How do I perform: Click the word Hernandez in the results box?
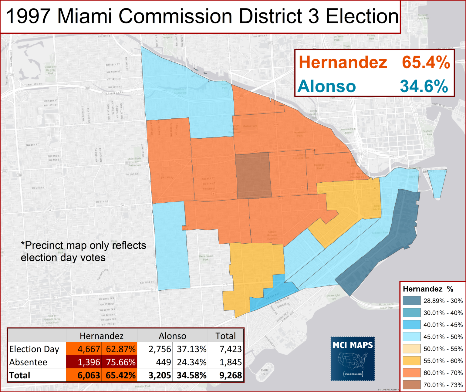pyautogui.click(x=343, y=63)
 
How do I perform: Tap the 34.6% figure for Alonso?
pyautogui.click(x=424, y=86)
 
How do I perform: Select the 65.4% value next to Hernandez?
pyautogui.click(x=426, y=63)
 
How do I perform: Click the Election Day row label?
pyautogui.click(x=34, y=349)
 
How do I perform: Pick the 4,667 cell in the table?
pyautogui.click(x=89, y=349)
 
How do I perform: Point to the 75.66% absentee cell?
pyautogui.click(x=120, y=362)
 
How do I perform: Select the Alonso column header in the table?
pyautogui.click(x=172, y=336)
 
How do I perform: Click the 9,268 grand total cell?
pyautogui.click(x=230, y=375)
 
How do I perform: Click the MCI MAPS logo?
pyautogui.click(x=353, y=359)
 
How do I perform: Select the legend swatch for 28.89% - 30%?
pyautogui.click(x=411, y=301)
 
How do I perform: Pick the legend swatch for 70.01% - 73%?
pyautogui.click(x=411, y=385)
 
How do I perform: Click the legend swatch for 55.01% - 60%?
pyautogui.click(x=411, y=361)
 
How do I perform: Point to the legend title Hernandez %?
pyautogui.click(x=428, y=289)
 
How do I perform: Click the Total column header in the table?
pyautogui.click(x=225, y=336)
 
